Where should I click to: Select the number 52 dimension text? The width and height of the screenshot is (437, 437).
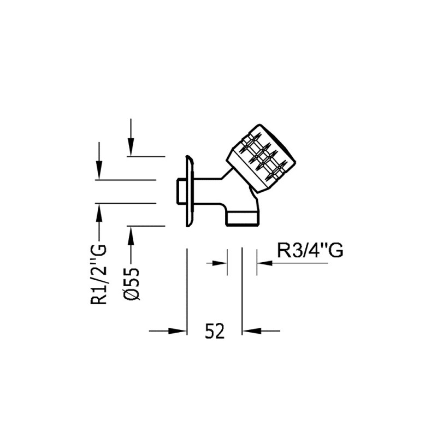(x=215, y=330)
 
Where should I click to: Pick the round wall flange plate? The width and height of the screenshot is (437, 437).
(x=188, y=191)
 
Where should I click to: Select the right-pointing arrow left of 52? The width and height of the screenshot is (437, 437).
(x=169, y=330)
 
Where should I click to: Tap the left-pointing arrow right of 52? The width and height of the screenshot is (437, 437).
(x=261, y=330)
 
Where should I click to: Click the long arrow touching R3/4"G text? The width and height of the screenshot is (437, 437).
(x=292, y=263)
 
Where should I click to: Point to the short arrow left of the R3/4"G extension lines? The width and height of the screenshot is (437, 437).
(x=217, y=263)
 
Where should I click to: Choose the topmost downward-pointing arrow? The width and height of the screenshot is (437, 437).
(x=131, y=137)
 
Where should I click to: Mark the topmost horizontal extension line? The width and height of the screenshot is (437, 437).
(x=146, y=156)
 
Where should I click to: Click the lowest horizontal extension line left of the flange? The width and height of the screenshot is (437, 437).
(x=146, y=225)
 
